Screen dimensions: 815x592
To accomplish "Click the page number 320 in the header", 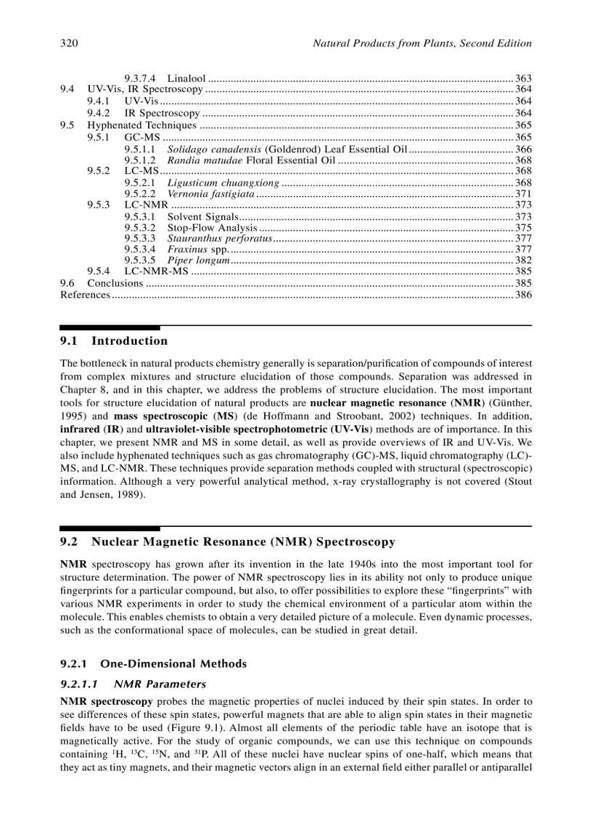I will [x=68, y=44].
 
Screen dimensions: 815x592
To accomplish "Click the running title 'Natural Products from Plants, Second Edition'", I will [x=422, y=44].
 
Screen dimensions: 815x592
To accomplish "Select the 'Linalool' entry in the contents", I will [x=186, y=78].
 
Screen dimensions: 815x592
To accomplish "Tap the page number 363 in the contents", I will [x=523, y=78].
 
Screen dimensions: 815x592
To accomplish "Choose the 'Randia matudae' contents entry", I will [x=202, y=160].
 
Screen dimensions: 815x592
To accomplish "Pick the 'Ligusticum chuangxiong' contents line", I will [x=223, y=183].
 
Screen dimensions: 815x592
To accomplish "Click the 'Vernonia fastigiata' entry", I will [x=210, y=194].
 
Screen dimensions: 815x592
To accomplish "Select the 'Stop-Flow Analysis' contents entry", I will [x=212, y=228].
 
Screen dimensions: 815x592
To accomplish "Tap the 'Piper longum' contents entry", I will [x=199, y=260].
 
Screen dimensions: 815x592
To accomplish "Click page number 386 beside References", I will [x=523, y=295].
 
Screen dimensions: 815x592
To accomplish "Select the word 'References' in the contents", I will [x=85, y=295].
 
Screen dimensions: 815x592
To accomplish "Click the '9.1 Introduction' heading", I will [x=114, y=341].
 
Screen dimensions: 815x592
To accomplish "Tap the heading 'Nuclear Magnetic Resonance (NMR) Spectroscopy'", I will [x=243, y=541].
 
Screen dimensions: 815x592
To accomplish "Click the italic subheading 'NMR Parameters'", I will [x=160, y=684].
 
